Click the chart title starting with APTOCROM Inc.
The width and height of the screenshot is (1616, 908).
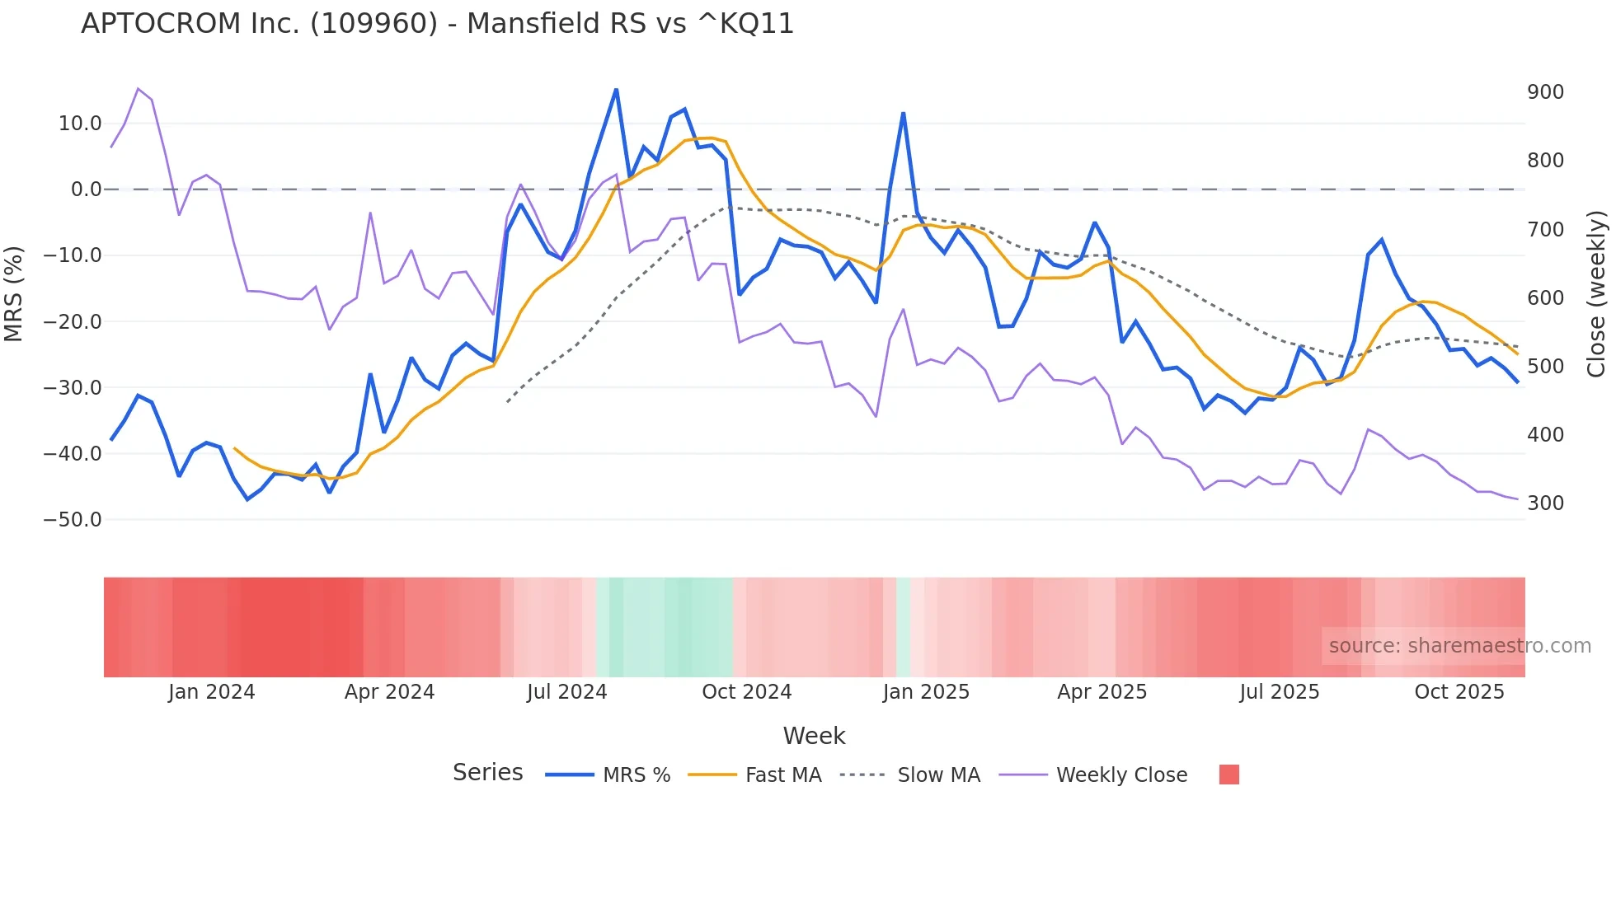tap(437, 24)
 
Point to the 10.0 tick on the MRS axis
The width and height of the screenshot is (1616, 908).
tap(80, 124)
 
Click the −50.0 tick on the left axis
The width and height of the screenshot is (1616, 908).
tap(73, 520)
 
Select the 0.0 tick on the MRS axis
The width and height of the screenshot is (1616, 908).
tap(87, 190)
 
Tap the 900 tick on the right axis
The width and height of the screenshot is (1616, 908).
tap(1545, 92)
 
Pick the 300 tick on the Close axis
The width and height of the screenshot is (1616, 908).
tap(1545, 503)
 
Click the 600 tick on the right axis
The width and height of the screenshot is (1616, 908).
tap(1545, 298)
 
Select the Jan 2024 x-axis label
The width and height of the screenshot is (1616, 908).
tap(211, 692)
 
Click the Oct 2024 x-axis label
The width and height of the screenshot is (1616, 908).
tap(746, 692)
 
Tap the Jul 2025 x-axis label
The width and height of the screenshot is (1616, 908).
tap(1279, 692)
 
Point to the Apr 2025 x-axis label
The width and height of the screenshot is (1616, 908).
tap(1102, 692)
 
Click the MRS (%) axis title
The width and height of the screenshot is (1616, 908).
tap(14, 293)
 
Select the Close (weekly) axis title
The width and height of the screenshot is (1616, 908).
tap(1596, 293)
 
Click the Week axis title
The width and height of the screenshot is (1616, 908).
tap(814, 736)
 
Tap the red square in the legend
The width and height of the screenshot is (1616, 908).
tap(1228, 775)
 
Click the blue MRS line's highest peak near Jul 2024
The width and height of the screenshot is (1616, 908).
tap(616, 90)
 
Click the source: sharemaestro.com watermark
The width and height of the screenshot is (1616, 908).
tap(1459, 646)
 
